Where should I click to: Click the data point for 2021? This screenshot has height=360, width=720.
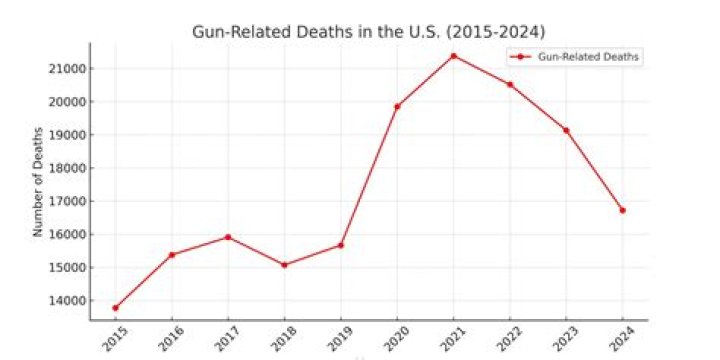click(453, 56)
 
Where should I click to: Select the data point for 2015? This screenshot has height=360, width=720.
click(115, 308)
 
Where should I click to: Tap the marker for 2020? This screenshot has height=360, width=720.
click(397, 106)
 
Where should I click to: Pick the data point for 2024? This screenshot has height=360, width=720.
click(622, 210)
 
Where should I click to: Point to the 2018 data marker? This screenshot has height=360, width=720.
click(284, 265)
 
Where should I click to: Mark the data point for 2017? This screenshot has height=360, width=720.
click(228, 237)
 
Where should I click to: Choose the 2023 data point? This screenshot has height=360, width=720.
click(566, 130)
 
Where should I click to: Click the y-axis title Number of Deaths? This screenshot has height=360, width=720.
click(38, 181)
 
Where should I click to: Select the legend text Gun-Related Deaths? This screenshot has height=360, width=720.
click(588, 57)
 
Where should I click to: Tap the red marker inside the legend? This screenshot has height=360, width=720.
click(522, 57)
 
